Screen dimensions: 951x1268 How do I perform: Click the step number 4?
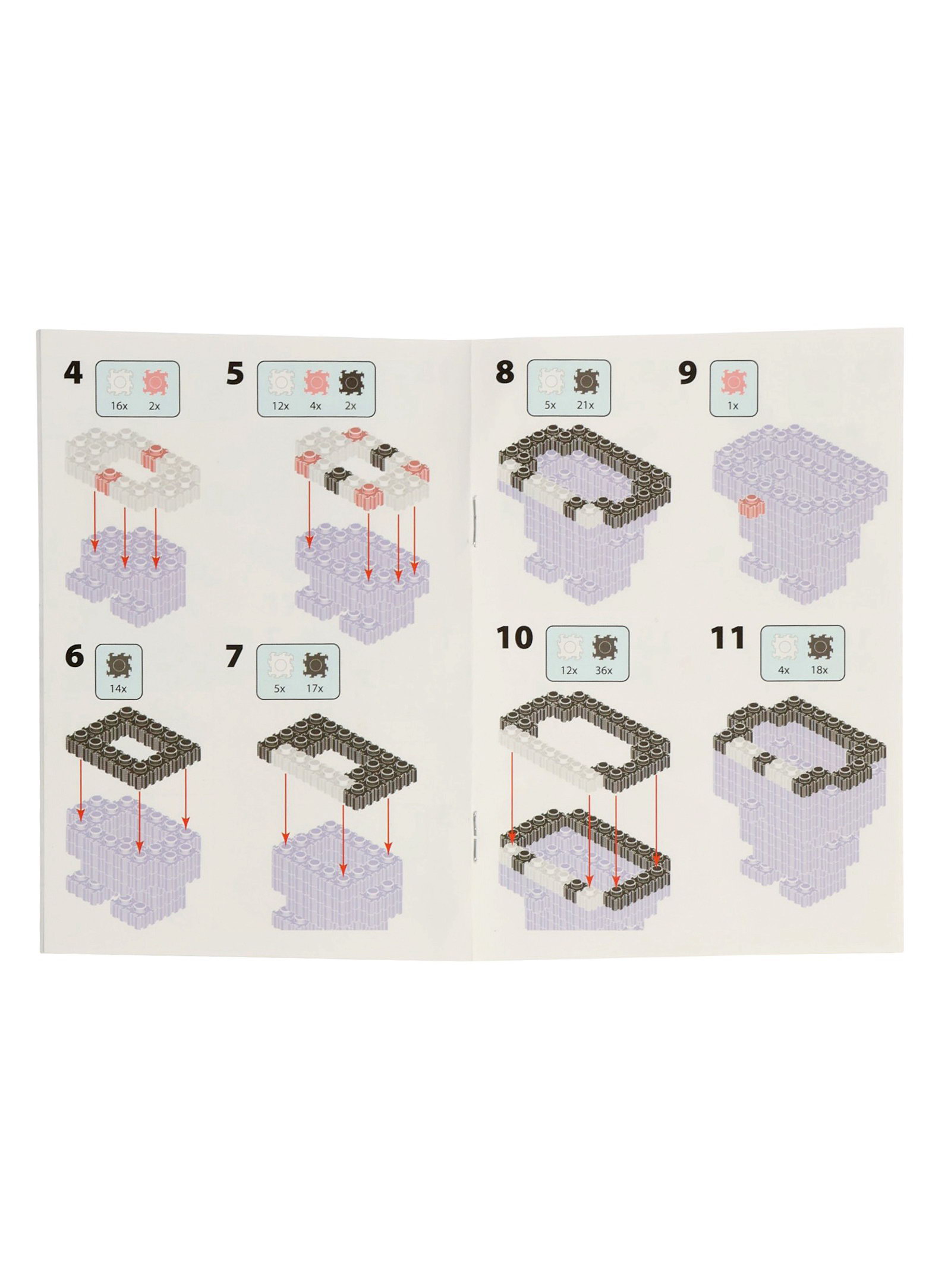73,373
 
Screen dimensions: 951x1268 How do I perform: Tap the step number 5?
235,374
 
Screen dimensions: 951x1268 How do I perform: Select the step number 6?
74,656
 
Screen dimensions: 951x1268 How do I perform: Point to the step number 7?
234,656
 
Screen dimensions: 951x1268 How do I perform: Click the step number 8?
505,372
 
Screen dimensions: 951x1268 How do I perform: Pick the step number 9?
687,373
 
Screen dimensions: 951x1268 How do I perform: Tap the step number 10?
515,637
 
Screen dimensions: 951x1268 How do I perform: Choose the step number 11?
728,637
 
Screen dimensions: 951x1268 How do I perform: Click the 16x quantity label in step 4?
119,406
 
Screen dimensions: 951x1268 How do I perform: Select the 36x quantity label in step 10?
603,670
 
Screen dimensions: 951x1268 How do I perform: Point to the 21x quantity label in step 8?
585,405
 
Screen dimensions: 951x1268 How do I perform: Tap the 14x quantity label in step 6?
118,688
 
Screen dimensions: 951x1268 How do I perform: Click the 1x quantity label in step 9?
733,405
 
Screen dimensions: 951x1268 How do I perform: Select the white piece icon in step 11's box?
784,647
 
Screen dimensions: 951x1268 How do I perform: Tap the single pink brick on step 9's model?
750,506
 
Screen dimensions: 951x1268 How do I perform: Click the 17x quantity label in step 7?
314,688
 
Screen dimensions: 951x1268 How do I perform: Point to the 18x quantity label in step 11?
819,670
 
